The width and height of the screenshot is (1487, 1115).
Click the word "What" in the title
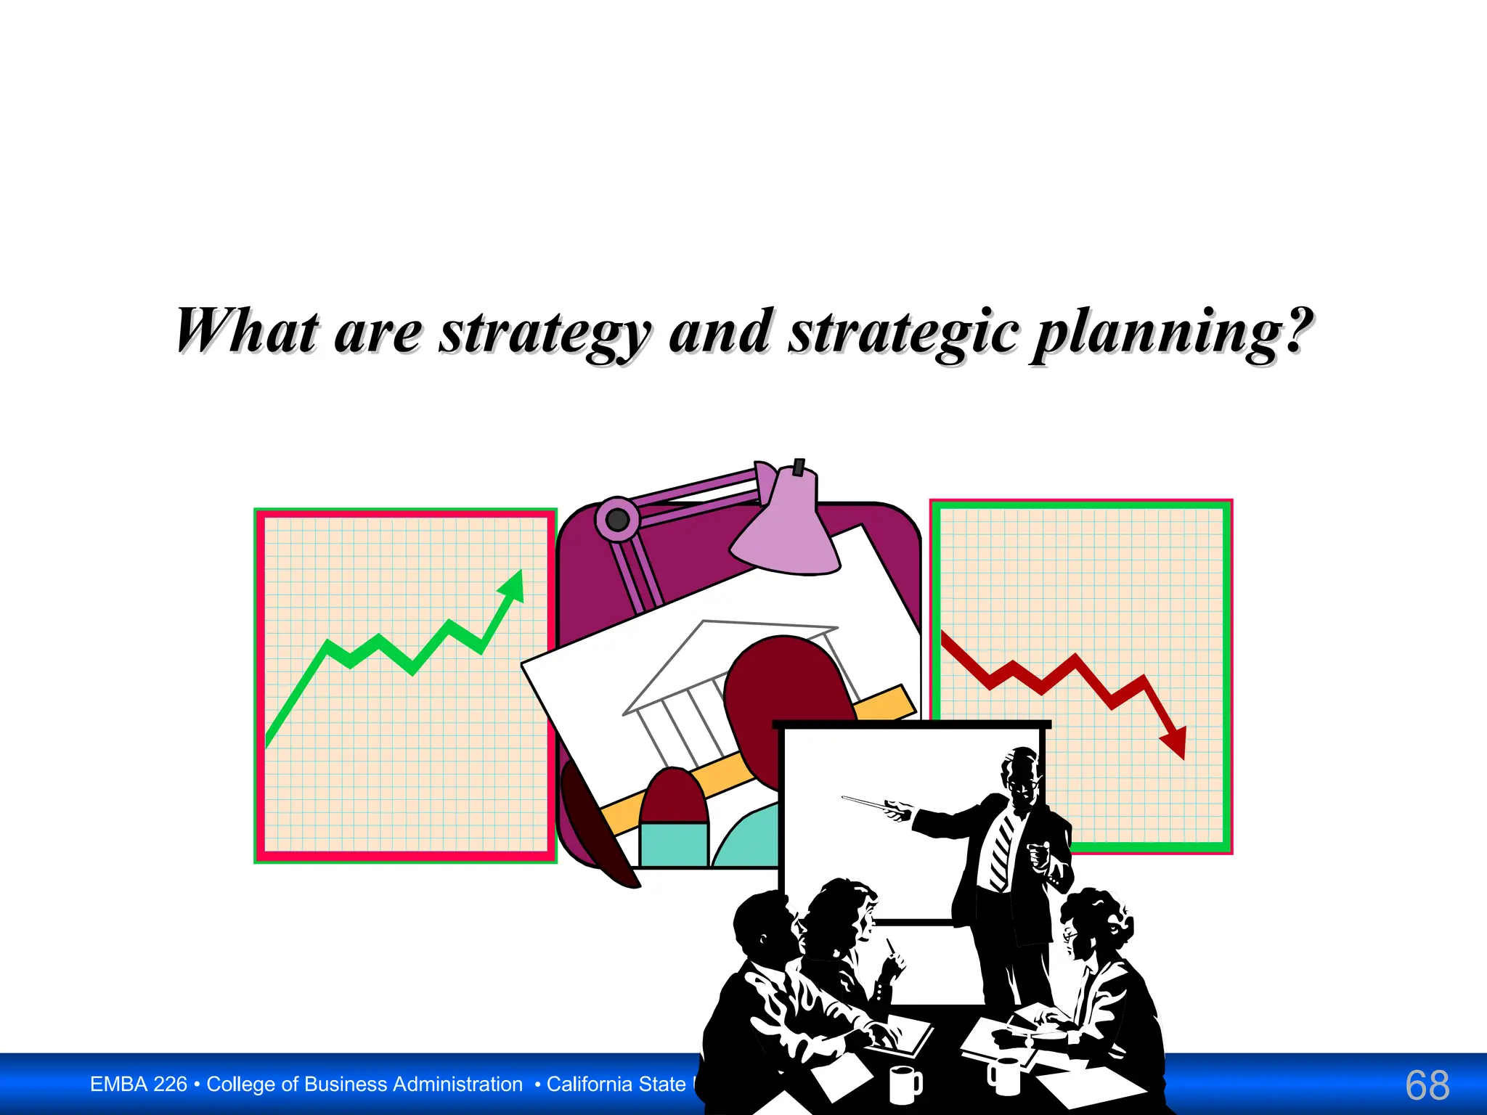(x=247, y=331)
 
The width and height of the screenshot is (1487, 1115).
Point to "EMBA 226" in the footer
(x=138, y=1085)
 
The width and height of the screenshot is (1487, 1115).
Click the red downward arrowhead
(x=1175, y=742)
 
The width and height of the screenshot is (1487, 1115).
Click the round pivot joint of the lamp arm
(x=617, y=519)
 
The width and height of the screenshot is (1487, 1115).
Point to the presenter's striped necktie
(x=1002, y=849)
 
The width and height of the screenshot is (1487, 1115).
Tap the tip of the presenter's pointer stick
(x=844, y=798)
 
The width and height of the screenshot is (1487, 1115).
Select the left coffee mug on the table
(x=905, y=1084)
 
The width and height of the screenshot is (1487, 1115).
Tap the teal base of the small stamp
(x=674, y=844)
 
